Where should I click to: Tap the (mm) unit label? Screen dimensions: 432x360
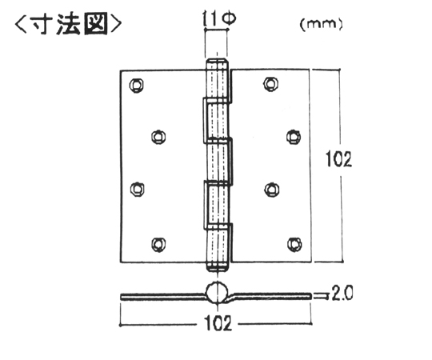[321, 24]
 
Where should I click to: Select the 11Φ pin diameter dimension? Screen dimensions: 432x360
[218, 18]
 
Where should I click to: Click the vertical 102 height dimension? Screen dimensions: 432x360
[338, 159]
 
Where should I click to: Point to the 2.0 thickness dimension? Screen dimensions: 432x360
[342, 293]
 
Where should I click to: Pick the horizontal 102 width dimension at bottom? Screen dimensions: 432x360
[218, 323]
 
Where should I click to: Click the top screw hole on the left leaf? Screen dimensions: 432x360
[137, 85]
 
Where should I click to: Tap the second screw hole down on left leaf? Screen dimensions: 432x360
[158, 137]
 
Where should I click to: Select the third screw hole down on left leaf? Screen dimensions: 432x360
[137, 190]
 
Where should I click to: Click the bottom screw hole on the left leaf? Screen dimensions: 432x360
[158, 244]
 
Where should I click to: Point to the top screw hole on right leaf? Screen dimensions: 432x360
[270, 84]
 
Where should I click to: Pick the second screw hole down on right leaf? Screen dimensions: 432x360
[294, 137]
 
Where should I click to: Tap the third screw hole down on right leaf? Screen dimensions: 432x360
[272, 190]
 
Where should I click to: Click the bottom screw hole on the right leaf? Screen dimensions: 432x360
[294, 244]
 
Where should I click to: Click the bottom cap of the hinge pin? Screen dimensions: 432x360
[218, 267]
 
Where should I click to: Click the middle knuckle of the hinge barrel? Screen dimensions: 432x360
[218, 161]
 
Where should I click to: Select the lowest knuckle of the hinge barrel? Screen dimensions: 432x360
[218, 247]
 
